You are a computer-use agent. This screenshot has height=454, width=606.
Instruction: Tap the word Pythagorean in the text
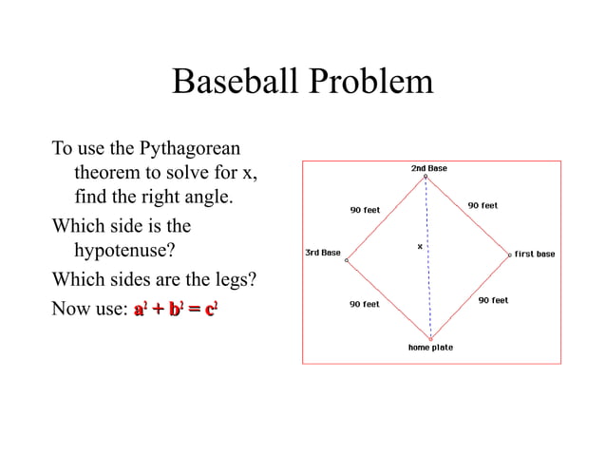pos(190,149)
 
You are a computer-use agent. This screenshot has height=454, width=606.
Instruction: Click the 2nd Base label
pos(428,168)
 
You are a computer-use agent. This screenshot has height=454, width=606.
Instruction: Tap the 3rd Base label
pos(322,253)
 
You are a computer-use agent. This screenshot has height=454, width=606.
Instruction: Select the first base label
pos(535,254)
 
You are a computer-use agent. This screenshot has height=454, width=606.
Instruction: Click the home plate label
pos(430,348)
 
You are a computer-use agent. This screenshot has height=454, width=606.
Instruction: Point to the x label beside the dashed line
pos(419,247)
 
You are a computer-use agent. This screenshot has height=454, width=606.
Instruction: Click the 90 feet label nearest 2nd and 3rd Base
pos(365,210)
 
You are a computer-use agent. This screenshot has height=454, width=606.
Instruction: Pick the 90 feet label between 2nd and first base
pos(483,205)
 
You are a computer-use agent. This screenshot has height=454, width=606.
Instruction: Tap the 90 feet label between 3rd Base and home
pos(365,304)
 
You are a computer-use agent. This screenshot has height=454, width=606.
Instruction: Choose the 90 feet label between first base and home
pos(493,300)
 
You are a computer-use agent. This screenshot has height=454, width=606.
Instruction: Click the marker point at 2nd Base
pos(426,176)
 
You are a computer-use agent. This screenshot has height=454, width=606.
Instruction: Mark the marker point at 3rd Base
pos(347,259)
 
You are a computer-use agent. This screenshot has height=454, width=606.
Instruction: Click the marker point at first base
pos(509,255)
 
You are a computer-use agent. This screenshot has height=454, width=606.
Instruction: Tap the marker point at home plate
pos(430,338)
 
